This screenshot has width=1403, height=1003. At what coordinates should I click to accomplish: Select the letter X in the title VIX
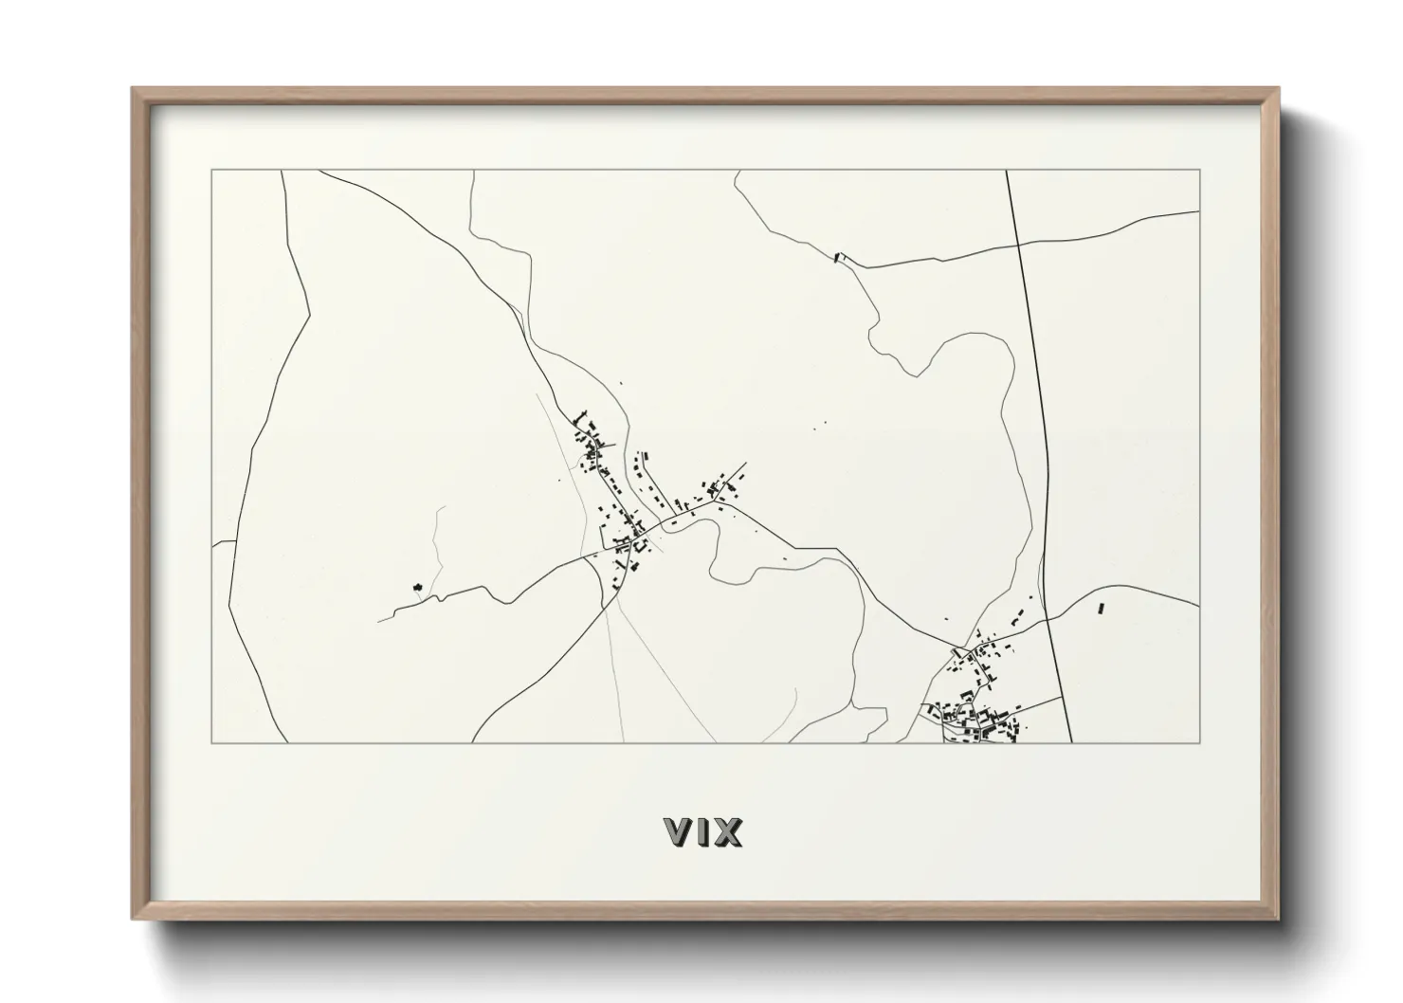[727, 832]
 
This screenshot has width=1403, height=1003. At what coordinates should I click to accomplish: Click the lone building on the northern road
[837, 256]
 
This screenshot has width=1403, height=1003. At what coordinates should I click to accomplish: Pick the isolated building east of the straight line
[1100, 608]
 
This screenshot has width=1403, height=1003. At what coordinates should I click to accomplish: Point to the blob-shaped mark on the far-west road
[416, 588]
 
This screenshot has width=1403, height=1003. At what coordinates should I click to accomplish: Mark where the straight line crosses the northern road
[1019, 244]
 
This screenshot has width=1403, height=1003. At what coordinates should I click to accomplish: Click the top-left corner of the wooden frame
[133, 89]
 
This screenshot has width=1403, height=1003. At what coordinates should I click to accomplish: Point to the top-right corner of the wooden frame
[1279, 89]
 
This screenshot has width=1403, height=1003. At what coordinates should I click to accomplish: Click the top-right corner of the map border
[1200, 171]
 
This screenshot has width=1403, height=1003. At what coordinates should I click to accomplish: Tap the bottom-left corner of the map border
[211, 743]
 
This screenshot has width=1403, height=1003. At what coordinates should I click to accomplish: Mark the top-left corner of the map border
[211, 171]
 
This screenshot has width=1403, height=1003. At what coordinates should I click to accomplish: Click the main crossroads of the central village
[641, 533]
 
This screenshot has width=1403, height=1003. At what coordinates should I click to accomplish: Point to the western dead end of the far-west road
[378, 621]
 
